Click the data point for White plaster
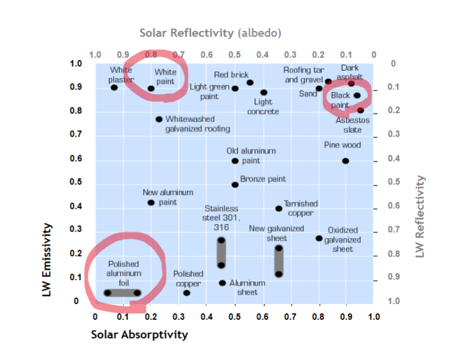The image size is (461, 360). pos(114,88)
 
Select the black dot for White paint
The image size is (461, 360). pos(151,89)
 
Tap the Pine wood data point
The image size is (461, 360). pos(346,161)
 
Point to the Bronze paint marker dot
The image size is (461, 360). pos(235,185)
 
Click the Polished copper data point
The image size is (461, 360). pos(186,293)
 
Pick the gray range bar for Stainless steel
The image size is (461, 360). pos(221,253)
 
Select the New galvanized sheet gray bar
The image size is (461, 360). pos(279,261)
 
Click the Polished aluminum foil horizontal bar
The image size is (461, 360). pos(122,293)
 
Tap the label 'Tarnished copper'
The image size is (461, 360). pos(300,208)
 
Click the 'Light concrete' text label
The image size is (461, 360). pos(263,106)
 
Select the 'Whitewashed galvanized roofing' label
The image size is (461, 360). pos(198,124)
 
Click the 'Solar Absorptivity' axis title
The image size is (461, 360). pos(140,335)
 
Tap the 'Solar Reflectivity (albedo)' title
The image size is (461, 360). pos(211,32)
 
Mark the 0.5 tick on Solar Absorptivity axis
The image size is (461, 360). pos(235,316)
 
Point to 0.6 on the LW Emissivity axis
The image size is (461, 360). pos(76,159)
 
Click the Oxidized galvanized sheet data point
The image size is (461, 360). pos(319,238)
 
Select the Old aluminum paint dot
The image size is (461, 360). pos(235,161)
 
